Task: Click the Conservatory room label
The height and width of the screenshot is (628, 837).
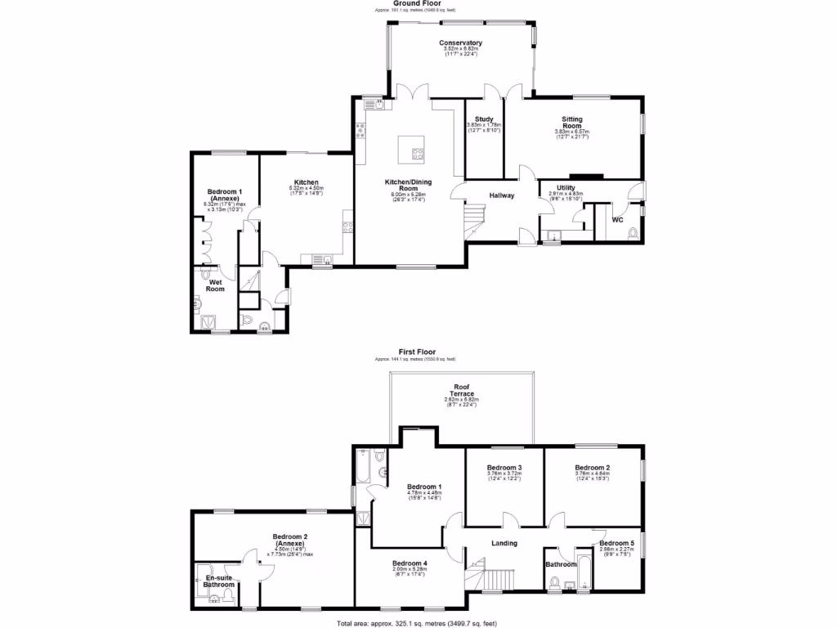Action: [460, 43]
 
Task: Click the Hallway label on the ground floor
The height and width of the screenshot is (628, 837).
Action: [502, 195]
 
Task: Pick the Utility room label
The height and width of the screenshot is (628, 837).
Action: [566, 188]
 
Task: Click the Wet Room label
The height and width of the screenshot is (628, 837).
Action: [215, 285]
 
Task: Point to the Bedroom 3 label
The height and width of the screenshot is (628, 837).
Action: [504, 468]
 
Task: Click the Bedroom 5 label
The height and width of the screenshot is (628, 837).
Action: [615, 543]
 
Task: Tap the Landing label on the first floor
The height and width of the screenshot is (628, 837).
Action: [504, 542]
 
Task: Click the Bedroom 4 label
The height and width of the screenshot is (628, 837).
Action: [410, 563]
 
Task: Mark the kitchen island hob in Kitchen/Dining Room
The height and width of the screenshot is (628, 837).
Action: [418, 151]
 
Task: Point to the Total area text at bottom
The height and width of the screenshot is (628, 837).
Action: [418, 623]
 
